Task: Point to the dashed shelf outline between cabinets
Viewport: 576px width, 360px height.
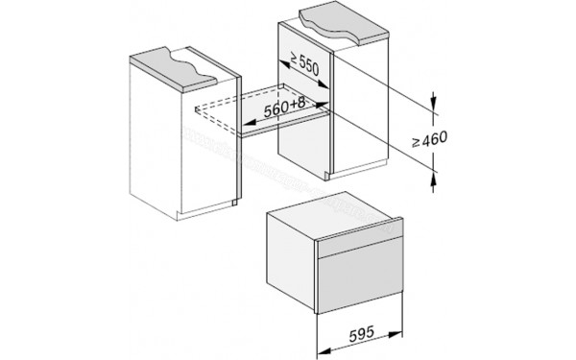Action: [230, 108]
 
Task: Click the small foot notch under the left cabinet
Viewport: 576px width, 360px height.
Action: [233, 204]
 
